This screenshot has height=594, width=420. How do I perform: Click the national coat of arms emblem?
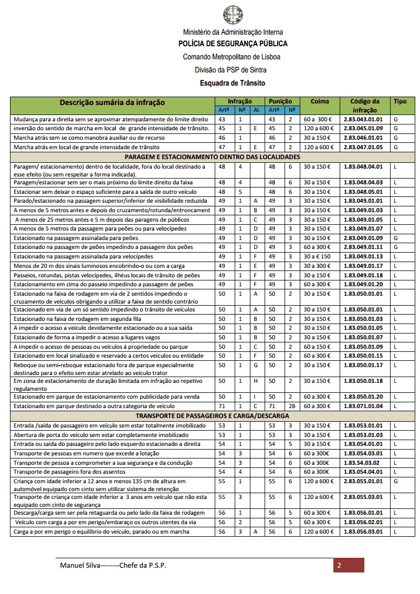pos(233,14)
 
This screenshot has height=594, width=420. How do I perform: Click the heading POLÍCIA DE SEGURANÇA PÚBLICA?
pos(233,44)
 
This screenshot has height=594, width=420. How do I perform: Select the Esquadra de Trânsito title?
pos(233,83)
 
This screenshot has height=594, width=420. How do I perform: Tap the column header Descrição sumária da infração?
pos(112,102)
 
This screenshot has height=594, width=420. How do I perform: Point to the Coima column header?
pos(320,101)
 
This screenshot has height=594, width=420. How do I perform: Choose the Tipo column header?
pos(400,101)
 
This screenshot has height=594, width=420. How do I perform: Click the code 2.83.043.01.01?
pos(363,119)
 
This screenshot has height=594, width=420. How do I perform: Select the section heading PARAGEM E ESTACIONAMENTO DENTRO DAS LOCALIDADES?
pos(212,157)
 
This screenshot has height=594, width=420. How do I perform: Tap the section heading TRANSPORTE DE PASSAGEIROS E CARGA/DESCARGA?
pos(212,415)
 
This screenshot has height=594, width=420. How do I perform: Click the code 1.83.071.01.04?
pos(363,406)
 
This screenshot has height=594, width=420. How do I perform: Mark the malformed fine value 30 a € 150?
pos(318,256)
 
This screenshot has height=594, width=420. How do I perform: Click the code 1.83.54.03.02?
pos(362,463)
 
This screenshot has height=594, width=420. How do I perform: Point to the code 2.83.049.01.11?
pos(363,247)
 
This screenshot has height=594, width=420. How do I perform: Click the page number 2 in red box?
pos(339,566)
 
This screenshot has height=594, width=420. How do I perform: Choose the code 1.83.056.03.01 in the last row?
pos(363,532)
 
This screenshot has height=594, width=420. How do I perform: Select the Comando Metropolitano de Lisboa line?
pos(232,57)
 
